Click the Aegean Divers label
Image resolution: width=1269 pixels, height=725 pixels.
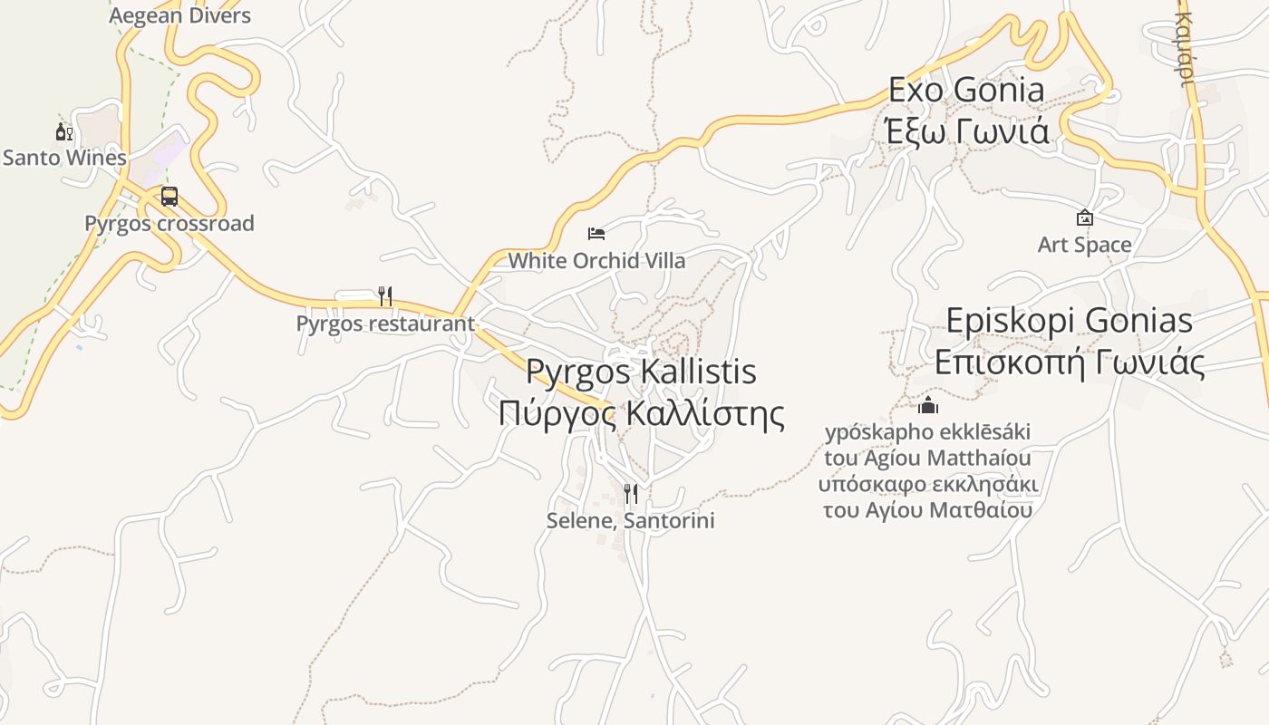[x=179, y=15]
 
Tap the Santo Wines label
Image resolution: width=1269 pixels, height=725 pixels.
[x=64, y=158]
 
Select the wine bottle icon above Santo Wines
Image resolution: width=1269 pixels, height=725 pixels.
[x=63, y=132]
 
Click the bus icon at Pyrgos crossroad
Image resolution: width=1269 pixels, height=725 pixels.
[x=170, y=196]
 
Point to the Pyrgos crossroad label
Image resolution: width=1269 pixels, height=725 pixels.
[x=170, y=223]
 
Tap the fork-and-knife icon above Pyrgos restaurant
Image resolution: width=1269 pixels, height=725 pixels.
[x=385, y=295]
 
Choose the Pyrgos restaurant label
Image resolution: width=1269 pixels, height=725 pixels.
[x=385, y=324]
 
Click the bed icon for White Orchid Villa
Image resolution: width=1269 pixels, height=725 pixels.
[x=596, y=234]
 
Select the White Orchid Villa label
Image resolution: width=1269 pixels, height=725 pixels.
[x=596, y=261]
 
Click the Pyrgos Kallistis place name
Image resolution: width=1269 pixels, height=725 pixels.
[x=641, y=372]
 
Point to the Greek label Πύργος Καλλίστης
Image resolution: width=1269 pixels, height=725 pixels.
[x=641, y=413]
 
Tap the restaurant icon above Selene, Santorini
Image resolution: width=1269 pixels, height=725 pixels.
[x=631, y=493]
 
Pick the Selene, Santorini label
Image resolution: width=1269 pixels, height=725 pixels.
[x=631, y=521]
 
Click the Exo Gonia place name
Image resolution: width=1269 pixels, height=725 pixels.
[x=966, y=90]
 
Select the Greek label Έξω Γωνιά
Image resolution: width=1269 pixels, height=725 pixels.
[x=966, y=131]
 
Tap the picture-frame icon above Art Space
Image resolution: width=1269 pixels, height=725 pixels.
[x=1084, y=217]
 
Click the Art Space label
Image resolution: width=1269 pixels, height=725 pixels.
[x=1084, y=245]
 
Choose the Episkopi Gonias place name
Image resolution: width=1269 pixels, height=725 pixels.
[x=1070, y=321]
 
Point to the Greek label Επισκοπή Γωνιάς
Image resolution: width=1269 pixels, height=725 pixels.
[x=1070, y=362]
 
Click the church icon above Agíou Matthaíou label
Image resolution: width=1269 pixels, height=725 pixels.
[x=928, y=404]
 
